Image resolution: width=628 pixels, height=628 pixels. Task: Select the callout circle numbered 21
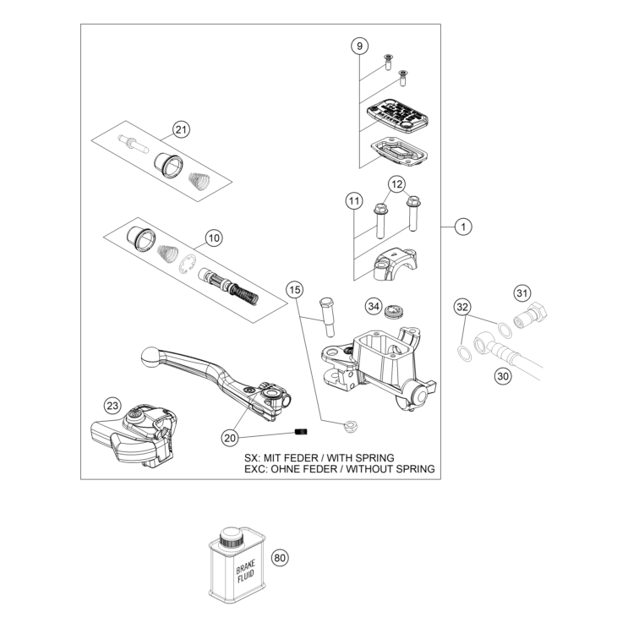pos(181,129)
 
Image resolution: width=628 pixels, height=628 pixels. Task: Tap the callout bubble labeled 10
pos(213,238)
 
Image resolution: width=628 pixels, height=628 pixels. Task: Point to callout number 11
pos(353,201)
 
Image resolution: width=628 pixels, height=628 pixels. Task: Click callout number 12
pos(397,183)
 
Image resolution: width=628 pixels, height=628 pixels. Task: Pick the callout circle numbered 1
pos(462,227)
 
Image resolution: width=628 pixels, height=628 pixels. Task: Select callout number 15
pos(294,290)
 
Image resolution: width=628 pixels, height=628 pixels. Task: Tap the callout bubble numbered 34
pos(374,305)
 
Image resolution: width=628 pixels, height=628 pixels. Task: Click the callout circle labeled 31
pos(522,293)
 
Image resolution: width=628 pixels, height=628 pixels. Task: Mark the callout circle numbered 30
pos(504,378)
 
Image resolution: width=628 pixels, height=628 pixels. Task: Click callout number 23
pos(113,406)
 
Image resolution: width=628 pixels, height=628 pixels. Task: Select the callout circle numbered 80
pos(280,558)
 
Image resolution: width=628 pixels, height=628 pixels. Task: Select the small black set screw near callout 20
pos(298,433)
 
